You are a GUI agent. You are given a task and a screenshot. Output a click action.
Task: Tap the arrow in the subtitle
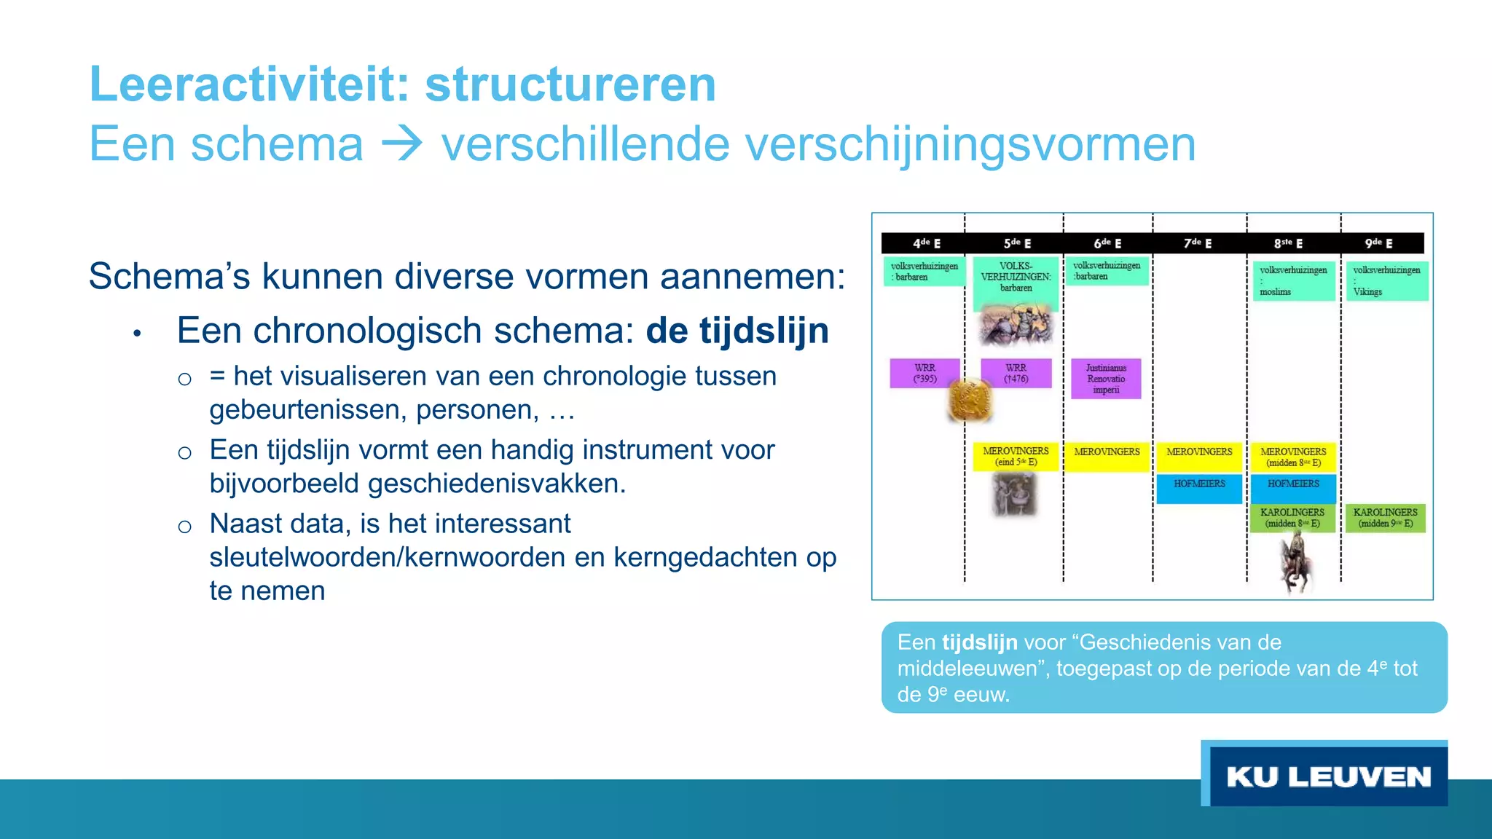[401, 144]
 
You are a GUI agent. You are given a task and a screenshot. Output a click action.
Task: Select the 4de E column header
[926, 243]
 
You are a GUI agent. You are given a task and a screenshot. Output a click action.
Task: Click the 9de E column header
[1378, 243]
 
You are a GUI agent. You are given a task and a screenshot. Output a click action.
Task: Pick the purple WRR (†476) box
[1016, 373]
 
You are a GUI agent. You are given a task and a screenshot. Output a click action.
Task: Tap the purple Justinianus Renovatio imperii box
[1105, 379]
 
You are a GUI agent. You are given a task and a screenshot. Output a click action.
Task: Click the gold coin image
[970, 400]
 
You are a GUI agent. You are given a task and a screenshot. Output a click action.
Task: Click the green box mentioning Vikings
[1386, 280]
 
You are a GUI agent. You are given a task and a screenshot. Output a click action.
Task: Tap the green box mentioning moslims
[1292, 280]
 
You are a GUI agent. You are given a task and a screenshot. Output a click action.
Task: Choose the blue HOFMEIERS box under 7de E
[1199, 489]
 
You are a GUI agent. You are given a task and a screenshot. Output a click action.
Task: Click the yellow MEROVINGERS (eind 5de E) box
[1016, 457]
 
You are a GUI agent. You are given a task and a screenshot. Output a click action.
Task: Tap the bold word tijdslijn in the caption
[979, 642]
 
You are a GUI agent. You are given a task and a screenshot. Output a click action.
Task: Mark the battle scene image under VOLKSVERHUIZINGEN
[1016, 324]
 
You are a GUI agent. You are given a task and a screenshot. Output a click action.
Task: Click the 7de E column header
[1198, 243]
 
